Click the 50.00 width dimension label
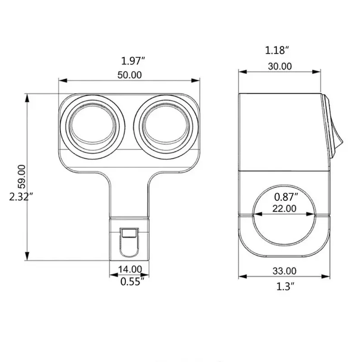click(129, 75)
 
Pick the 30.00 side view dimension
click(280, 66)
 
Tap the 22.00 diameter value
click(285, 209)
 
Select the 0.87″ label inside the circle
click(286, 197)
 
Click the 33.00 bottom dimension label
click(285, 271)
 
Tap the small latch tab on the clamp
click(130, 234)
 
